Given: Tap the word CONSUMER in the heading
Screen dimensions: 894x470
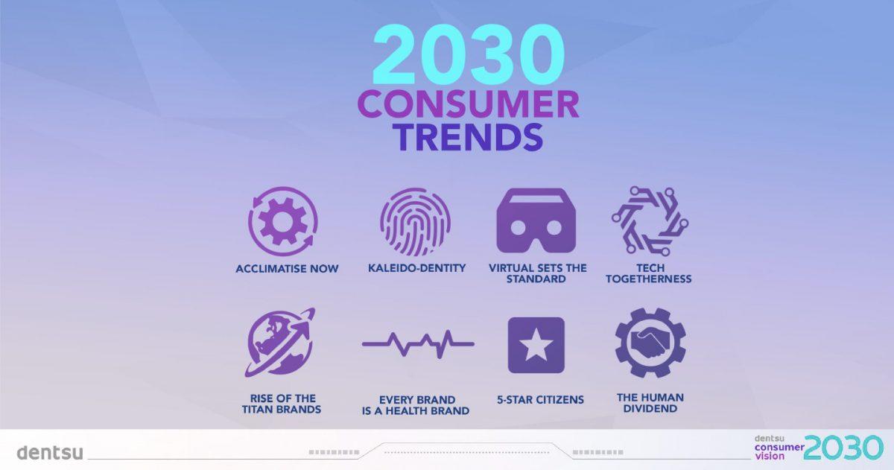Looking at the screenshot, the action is point(468,104).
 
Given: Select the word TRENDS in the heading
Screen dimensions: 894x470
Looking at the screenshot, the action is point(469,137).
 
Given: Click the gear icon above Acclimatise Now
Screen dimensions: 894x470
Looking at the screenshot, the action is point(283,222).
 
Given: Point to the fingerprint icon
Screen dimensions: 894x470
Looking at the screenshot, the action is point(416,222).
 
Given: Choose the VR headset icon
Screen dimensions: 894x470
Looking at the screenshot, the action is point(536,220).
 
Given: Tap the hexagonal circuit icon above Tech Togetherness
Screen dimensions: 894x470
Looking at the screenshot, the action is point(650,221).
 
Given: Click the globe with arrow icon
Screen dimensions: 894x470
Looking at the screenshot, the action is point(281,343).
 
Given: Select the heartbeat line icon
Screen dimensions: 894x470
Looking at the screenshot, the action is point(418,344).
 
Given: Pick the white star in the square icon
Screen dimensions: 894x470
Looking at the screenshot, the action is point(536,345).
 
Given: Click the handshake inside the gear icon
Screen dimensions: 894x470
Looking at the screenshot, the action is point(650,343).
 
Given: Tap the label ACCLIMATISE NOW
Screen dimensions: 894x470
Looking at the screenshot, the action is point(287,269).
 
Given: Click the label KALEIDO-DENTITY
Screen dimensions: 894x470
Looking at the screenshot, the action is point(416,268).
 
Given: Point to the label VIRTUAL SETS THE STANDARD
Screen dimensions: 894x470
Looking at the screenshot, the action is point(537,273).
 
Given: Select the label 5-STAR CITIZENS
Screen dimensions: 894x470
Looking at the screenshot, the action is point(540,400).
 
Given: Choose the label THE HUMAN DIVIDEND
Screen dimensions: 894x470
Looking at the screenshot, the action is point(650,403).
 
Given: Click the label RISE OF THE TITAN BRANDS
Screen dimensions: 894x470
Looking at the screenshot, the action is point(282,404).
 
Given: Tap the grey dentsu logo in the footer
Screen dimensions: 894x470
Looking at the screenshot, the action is point(50,452).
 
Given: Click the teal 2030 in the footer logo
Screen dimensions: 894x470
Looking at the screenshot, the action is point(843,448).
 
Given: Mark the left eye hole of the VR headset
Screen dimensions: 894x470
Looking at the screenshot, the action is point(518,228).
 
